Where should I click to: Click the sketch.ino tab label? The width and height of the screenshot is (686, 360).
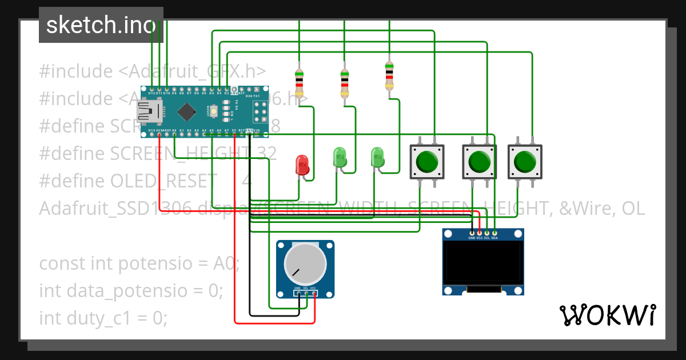[101, 25]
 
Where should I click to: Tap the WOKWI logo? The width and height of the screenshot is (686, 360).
[607, 315]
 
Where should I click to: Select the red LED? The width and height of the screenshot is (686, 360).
[302, 165]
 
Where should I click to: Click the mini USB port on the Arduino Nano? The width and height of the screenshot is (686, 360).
[150, 111]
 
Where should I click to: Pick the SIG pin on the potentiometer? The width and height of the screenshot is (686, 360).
[306, 294]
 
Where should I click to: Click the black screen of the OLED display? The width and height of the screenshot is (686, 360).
[483, 263]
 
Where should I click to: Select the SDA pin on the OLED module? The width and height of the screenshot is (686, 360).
[494, 233]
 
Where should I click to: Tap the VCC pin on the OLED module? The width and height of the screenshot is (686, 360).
[479, 233]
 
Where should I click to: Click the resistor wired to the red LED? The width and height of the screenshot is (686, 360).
[299, 83]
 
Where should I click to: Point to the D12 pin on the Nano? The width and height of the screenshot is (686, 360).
[151, 90]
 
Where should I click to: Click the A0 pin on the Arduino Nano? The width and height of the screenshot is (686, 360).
[174, 134]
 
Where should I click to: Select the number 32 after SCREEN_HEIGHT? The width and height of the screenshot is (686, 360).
[265, 153]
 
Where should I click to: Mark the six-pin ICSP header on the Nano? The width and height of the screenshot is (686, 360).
[260, 111]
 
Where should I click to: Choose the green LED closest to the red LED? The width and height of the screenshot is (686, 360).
[340, 158]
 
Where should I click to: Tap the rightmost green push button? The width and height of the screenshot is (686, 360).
[525, 162]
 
